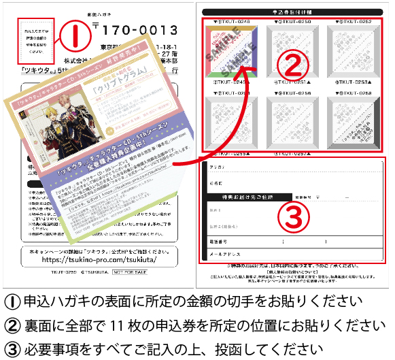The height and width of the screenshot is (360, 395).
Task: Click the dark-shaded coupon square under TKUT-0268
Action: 352,123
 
